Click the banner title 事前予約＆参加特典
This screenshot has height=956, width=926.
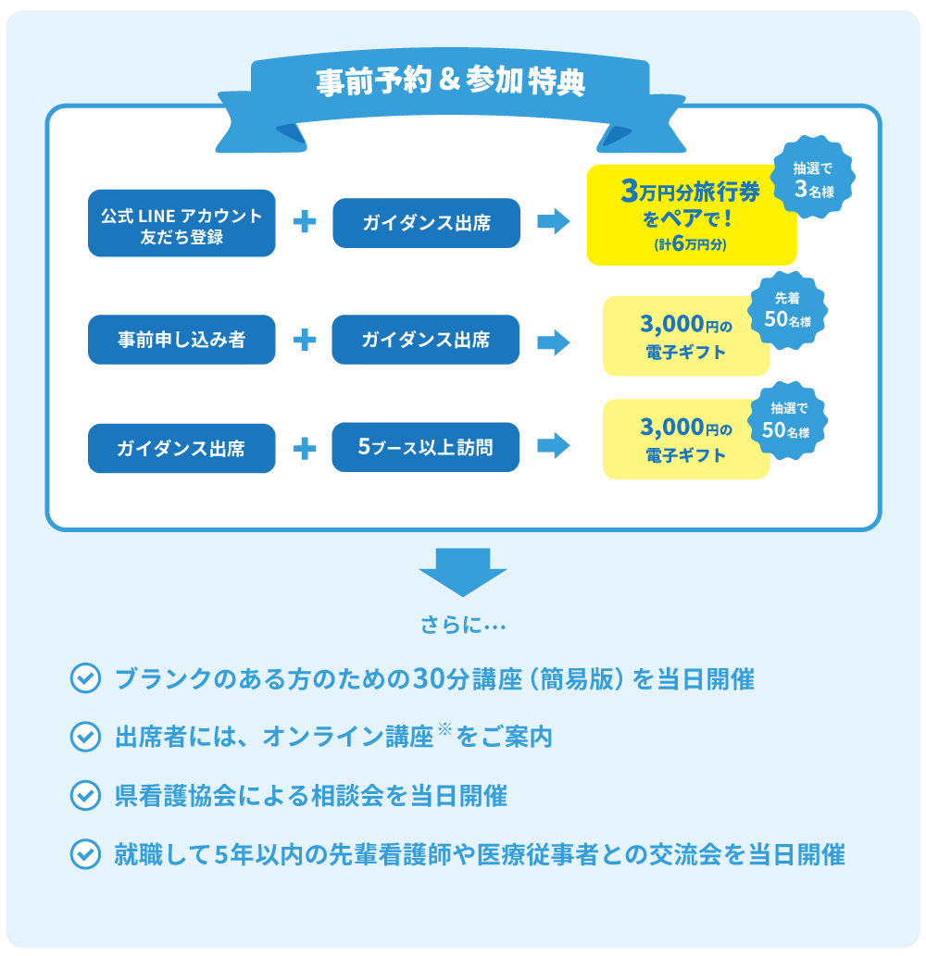(x=451, y=82)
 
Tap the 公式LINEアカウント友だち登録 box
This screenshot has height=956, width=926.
(x=181, y=223)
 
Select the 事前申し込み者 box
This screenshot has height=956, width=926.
(x=181, y=340)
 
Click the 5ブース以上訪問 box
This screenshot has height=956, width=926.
(x=425, y=448)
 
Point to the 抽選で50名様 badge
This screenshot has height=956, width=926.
(x=786, y=419)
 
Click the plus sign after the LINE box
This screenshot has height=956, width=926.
(x=305, y=222)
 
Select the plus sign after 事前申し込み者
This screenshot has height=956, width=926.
(x=304, y=340)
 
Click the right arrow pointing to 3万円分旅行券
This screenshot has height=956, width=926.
(x=553, y=222)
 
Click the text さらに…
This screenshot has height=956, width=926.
(x=462, y=627)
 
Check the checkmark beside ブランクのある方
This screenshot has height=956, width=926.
(x=85, y=679)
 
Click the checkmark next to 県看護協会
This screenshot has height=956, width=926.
(x=85, y=795)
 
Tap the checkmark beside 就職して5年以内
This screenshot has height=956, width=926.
(x=85, y=853)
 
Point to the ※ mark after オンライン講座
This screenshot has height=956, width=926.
(x=444, y=730)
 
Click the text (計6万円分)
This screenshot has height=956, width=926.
(x=691, y=245)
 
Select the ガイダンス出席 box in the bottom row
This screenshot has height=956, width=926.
(x=181, y=448)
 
